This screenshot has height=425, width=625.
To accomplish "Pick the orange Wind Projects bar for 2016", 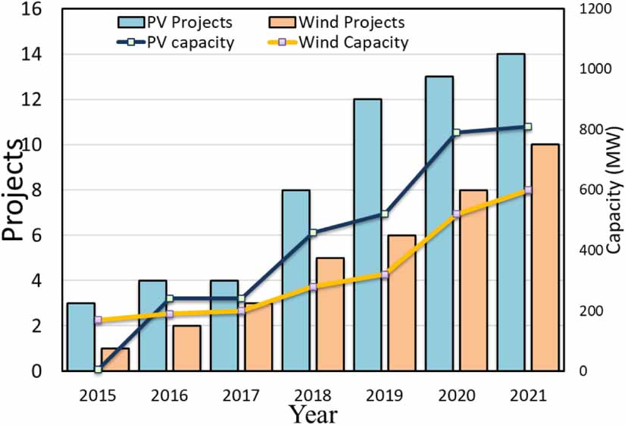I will (188, 348).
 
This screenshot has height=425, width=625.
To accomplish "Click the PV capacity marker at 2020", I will (457, 133).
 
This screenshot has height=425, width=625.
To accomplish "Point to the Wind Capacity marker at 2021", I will (528, 190).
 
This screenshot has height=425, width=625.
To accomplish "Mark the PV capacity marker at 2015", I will (98, 369).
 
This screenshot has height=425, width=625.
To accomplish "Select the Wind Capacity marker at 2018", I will (313, 286).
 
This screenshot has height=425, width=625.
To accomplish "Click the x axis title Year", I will (313, 414).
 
